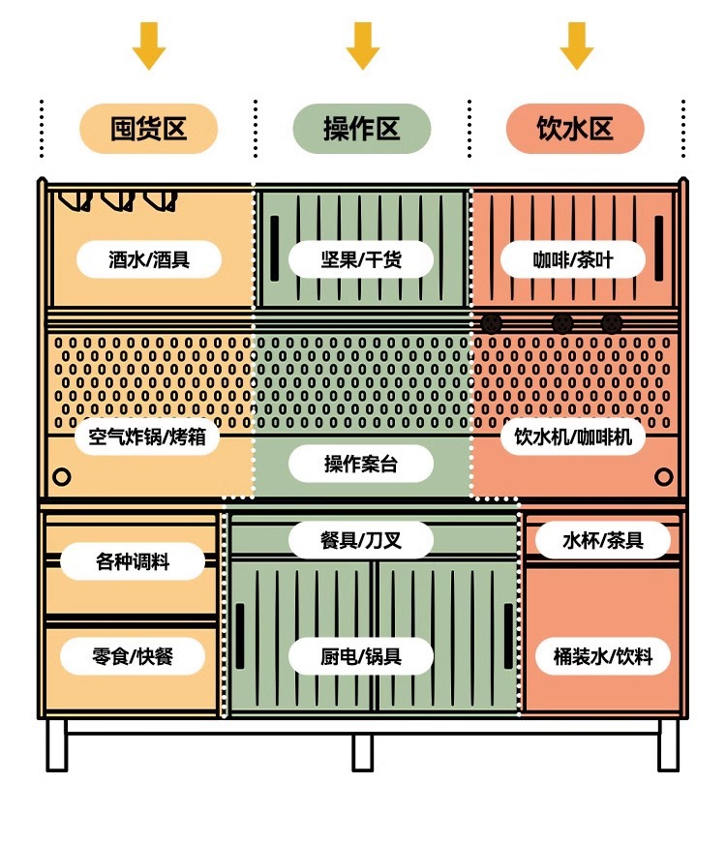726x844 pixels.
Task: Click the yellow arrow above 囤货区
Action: tap(149, 45)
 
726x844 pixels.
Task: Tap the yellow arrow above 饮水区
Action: tap(576, 45)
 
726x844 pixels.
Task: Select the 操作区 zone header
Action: tap(361, 129)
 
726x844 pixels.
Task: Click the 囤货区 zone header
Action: tap(148, 129)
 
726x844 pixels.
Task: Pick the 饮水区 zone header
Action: tap(575, 129)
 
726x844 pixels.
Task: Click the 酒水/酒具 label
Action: tap(149, 259)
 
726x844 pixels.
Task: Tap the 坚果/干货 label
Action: tap(361, 259)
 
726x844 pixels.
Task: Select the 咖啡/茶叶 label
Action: tap(573, 259)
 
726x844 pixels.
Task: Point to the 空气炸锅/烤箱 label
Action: tap(147, 437)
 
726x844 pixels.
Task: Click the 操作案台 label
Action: tap(361, 465)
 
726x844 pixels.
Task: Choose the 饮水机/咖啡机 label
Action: tap(573, 437)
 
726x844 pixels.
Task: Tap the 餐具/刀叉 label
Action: tap(361, 540)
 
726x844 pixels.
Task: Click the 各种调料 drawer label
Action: tap(133, 561)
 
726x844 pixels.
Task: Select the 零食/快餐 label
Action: tap(133, 656)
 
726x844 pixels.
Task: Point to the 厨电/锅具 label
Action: tap(361, 656)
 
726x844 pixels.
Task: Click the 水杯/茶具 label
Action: tap(603, 540)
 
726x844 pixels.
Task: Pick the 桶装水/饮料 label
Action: tap(603, 656)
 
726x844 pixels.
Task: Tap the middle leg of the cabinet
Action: tap(362, 751)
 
